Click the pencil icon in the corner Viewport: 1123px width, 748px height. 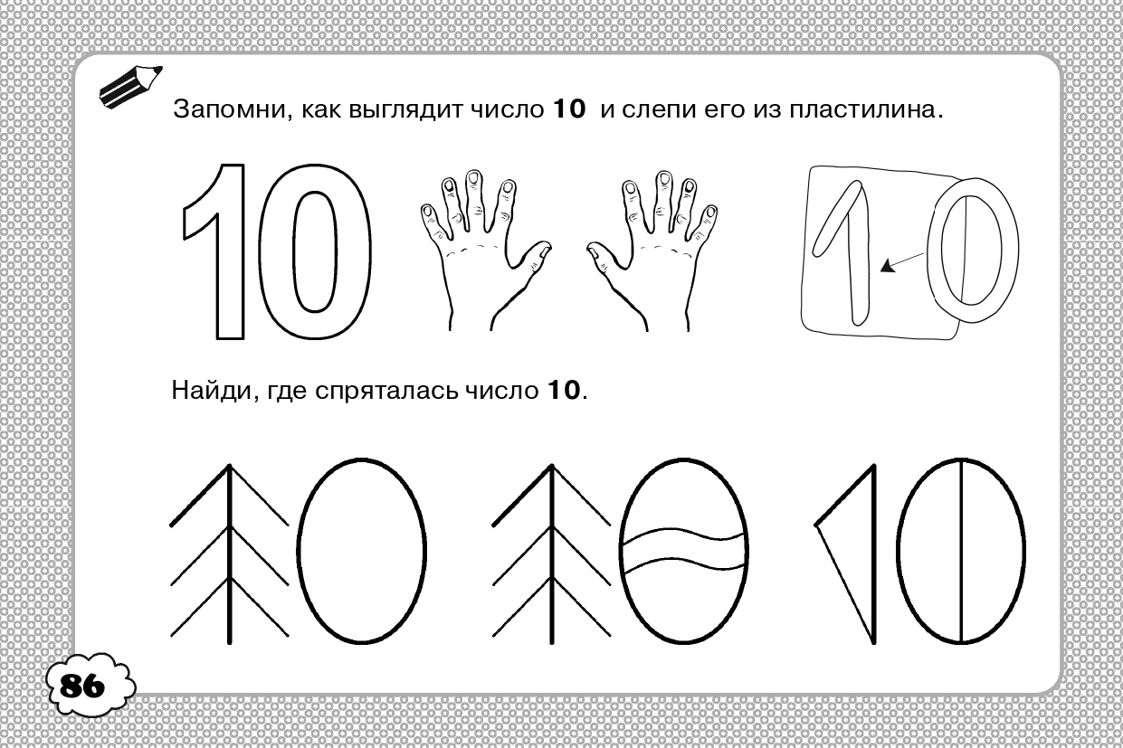[x=129, y=87]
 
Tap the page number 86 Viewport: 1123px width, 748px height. [x=82, y=686]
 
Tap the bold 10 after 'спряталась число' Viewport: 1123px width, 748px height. [x=564, y=391]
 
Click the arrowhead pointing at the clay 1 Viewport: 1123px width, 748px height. [x=888, y=266]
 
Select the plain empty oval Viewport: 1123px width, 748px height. [x=300, y=551]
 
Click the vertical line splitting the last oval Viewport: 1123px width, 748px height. [x=961, y=551]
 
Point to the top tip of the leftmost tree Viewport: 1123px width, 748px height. [x=230, y=466]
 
